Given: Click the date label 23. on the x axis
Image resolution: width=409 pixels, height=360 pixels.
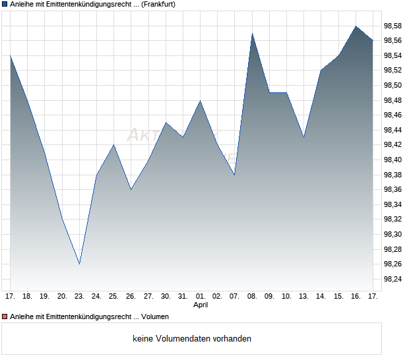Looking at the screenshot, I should tap(79, 296).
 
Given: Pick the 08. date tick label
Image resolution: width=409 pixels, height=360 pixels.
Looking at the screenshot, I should tap(252, 296).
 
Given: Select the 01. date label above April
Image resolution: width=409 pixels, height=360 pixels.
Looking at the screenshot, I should tap(201, 296).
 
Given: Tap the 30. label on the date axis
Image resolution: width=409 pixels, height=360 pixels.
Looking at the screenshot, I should tap(166, 296).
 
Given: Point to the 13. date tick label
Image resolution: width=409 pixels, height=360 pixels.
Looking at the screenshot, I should tap(303, 296).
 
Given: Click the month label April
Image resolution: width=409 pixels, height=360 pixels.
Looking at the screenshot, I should tap(201, 305).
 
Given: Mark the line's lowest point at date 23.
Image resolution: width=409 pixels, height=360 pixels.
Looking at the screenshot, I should tap(79, 264).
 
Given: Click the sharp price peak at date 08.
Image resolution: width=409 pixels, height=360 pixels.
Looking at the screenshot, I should tap(252, 34).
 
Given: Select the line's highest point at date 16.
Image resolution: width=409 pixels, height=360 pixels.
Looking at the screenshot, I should tap(356, 26).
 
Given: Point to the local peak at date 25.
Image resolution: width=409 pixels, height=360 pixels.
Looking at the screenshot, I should tap(114, 145).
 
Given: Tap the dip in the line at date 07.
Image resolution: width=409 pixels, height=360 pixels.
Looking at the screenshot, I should tap(235, 175).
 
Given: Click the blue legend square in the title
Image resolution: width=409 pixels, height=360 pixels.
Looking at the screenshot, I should tap(4, 4).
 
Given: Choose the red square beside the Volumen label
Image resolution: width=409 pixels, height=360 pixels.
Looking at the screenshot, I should tap(4, 316).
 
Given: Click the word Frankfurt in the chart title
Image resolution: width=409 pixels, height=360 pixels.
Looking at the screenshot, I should tap(158, 4).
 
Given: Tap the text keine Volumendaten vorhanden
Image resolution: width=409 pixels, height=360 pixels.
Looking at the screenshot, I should tap(192, 339).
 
